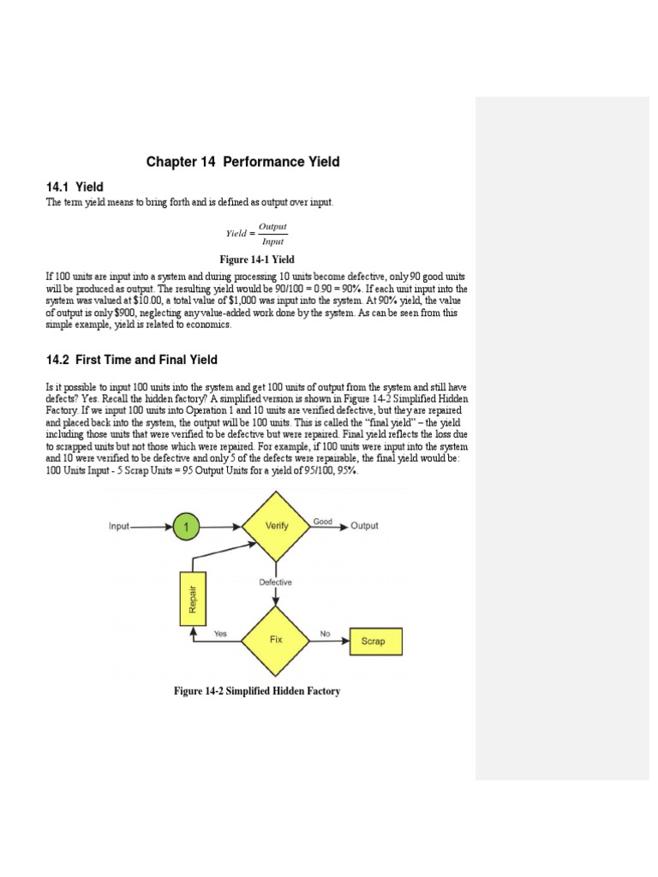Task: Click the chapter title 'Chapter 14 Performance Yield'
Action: [x=242, y=162]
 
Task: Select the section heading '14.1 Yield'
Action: [x=75, y=186]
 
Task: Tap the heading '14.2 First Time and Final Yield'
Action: [x=131, y=360]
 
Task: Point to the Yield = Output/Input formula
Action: [x=257, y=233]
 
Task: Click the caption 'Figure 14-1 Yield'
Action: [x=257, y=260]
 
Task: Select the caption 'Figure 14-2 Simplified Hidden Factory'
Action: [x=257, y=690]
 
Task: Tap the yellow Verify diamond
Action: [x=276, y=526]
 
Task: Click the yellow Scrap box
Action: [x=374, y=641]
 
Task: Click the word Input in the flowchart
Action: [x=118, y=526]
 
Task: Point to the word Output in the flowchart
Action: [x=364, y=526]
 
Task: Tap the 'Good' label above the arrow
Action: [x=323, y=521]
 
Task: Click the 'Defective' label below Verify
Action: [x=276, y=582]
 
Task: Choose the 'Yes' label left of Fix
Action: [x=220, y=635]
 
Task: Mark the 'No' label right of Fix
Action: [x=325, y=635]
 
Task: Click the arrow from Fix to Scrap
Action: [x=330, y=641]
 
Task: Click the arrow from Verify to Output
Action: [x=328, y=527]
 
